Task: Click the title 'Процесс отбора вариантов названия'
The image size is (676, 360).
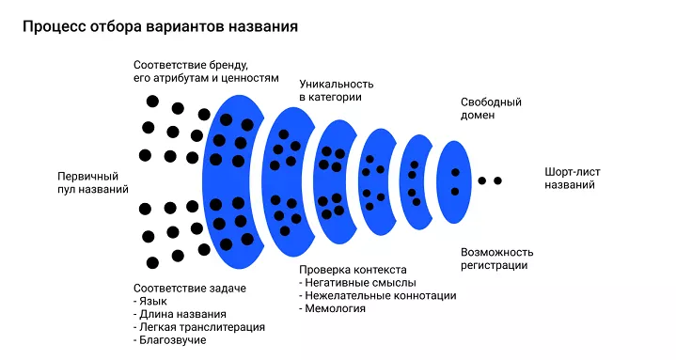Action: tap(160, 26)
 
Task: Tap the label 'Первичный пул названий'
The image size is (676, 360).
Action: tap(93, 182)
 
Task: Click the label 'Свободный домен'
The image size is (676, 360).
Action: tap(491, 108)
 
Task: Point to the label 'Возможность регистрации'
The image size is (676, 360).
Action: tap(497, 258)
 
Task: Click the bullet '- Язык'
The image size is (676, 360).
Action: tap(155, 301)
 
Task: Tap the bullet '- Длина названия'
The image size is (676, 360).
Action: tap(181, 314)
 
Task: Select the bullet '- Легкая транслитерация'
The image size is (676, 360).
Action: tap(199, 327)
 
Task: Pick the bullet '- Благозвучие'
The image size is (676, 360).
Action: tap(170, 340)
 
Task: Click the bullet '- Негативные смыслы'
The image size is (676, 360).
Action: tap(357, 282)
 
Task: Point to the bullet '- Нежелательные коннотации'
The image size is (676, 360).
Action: tap(378, 295)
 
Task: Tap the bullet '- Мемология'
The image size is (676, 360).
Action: tap(333, 308)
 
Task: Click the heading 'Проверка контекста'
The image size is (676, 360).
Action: tap(352, 269)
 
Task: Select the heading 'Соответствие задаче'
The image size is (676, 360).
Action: tap(184, 288)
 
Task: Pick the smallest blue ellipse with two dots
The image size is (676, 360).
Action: tap(454, 181)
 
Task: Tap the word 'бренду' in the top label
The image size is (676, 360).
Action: tap(226, 65)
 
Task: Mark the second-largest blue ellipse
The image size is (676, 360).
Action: tap(286, 179)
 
